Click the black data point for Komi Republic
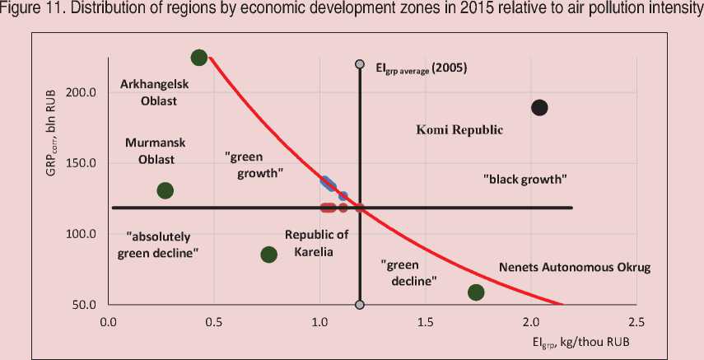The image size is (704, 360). point(540,107)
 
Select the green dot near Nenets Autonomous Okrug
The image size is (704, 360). point(476,292)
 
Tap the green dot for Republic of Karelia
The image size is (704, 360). point(268,255)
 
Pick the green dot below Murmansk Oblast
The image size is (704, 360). point(165,190)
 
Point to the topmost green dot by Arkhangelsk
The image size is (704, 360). point(198,58)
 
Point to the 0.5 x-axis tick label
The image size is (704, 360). point(213,321)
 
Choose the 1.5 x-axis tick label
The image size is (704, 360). point(424,321)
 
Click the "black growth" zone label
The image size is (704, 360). point(526,178)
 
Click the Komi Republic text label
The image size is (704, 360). point(459,130)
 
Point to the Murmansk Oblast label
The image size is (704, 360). point(155,150)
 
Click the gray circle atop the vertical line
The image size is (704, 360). point(359,64)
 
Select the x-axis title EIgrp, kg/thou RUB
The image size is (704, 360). point(587,340)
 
